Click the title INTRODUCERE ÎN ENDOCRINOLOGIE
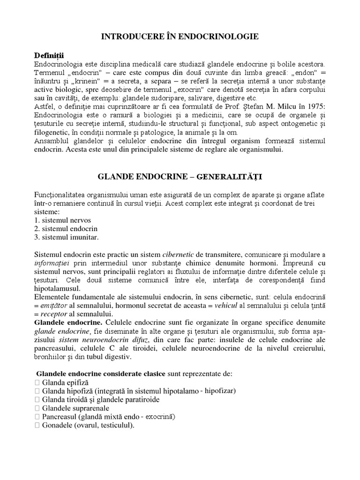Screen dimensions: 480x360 (180, 36)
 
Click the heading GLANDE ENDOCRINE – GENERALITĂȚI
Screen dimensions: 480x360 (180, 177)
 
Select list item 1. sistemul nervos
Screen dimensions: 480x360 (63, 220)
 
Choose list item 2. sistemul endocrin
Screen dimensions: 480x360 (66, 228)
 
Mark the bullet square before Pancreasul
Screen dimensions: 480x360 (37, 416)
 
